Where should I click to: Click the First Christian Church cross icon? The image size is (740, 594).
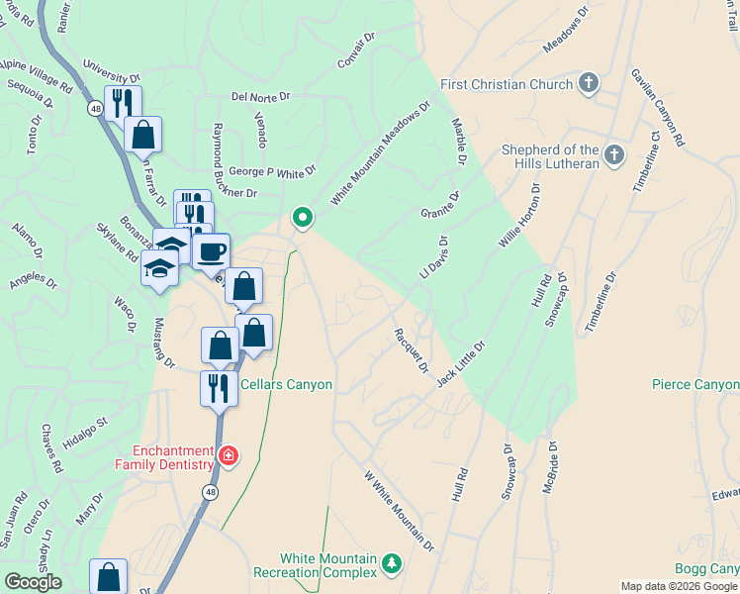pos(590,83)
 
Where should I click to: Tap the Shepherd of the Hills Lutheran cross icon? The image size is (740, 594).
pos(614,155)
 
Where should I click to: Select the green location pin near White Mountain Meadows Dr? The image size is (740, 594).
pos(302,217)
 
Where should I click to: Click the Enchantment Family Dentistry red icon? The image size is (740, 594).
pos(229,455)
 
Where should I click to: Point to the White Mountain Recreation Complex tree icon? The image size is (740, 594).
pos(393,563)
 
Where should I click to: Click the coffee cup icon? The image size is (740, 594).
pos(210,251)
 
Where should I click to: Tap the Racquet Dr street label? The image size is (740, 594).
pos(411,350)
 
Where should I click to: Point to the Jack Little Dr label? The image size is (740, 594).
pos(461,363)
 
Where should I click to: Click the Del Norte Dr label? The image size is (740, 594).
pos(260,97)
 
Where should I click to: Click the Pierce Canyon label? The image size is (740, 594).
pos(695,384)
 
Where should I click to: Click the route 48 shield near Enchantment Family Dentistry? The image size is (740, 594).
pos(210,490)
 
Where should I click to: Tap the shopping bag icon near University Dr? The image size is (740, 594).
pos(144,135)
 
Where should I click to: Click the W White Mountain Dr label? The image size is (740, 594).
pos(400,511)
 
